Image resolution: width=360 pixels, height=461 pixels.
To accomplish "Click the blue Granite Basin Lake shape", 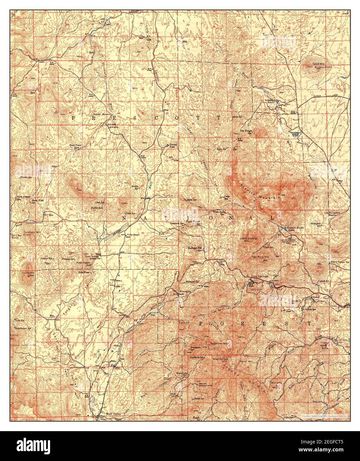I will coord(283,229).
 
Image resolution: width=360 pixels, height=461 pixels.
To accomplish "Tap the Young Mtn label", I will coord(28,273).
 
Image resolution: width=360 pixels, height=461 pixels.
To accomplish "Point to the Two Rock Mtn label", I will coord(260,257).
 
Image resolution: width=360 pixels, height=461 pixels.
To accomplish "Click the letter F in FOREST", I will coord(201,323).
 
